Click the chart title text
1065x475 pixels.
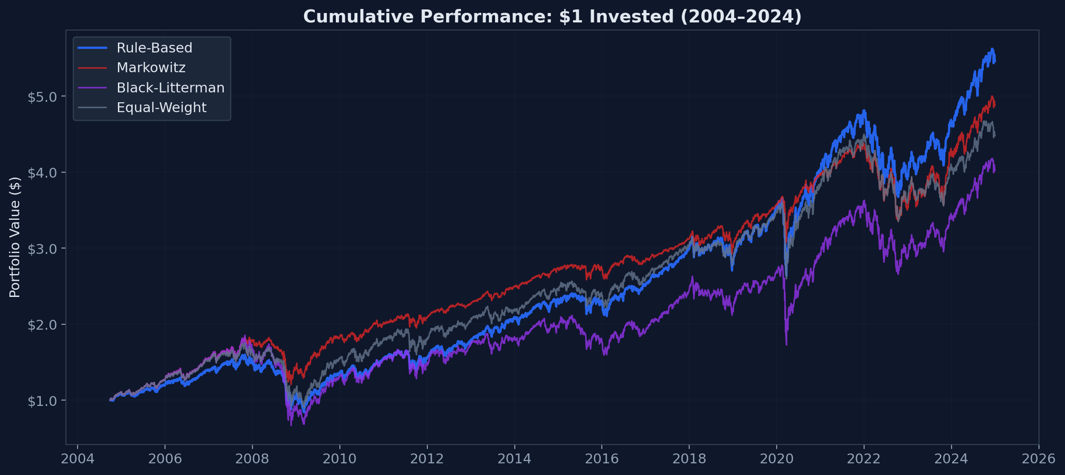(x=552, y=17)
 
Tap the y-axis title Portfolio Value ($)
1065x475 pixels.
(x=15, y=237)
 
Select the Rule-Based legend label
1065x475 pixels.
(x=154, y=48)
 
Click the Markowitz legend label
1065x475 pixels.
(x=151, y=68)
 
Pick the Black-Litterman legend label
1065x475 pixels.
(x=170, y=88)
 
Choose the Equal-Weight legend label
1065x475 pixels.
(x=161, y=108)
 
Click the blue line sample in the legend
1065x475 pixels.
(x=92, y=48)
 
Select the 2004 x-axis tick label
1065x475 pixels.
(x=78, y=459)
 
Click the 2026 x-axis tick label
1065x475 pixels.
(x=1039, y=459)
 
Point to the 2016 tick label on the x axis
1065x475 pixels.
(x=602, y=459)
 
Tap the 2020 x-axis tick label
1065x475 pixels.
(x=777, y=459)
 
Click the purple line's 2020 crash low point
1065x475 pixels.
(x=787, y=344)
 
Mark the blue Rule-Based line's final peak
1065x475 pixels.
(x=992, y=49)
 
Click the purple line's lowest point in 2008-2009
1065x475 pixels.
(x=291, y=425)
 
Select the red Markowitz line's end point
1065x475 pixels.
(x=995, y=106)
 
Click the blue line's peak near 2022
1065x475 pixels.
(x=864, y=111)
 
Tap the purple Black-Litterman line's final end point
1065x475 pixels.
(x=995, y=170)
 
